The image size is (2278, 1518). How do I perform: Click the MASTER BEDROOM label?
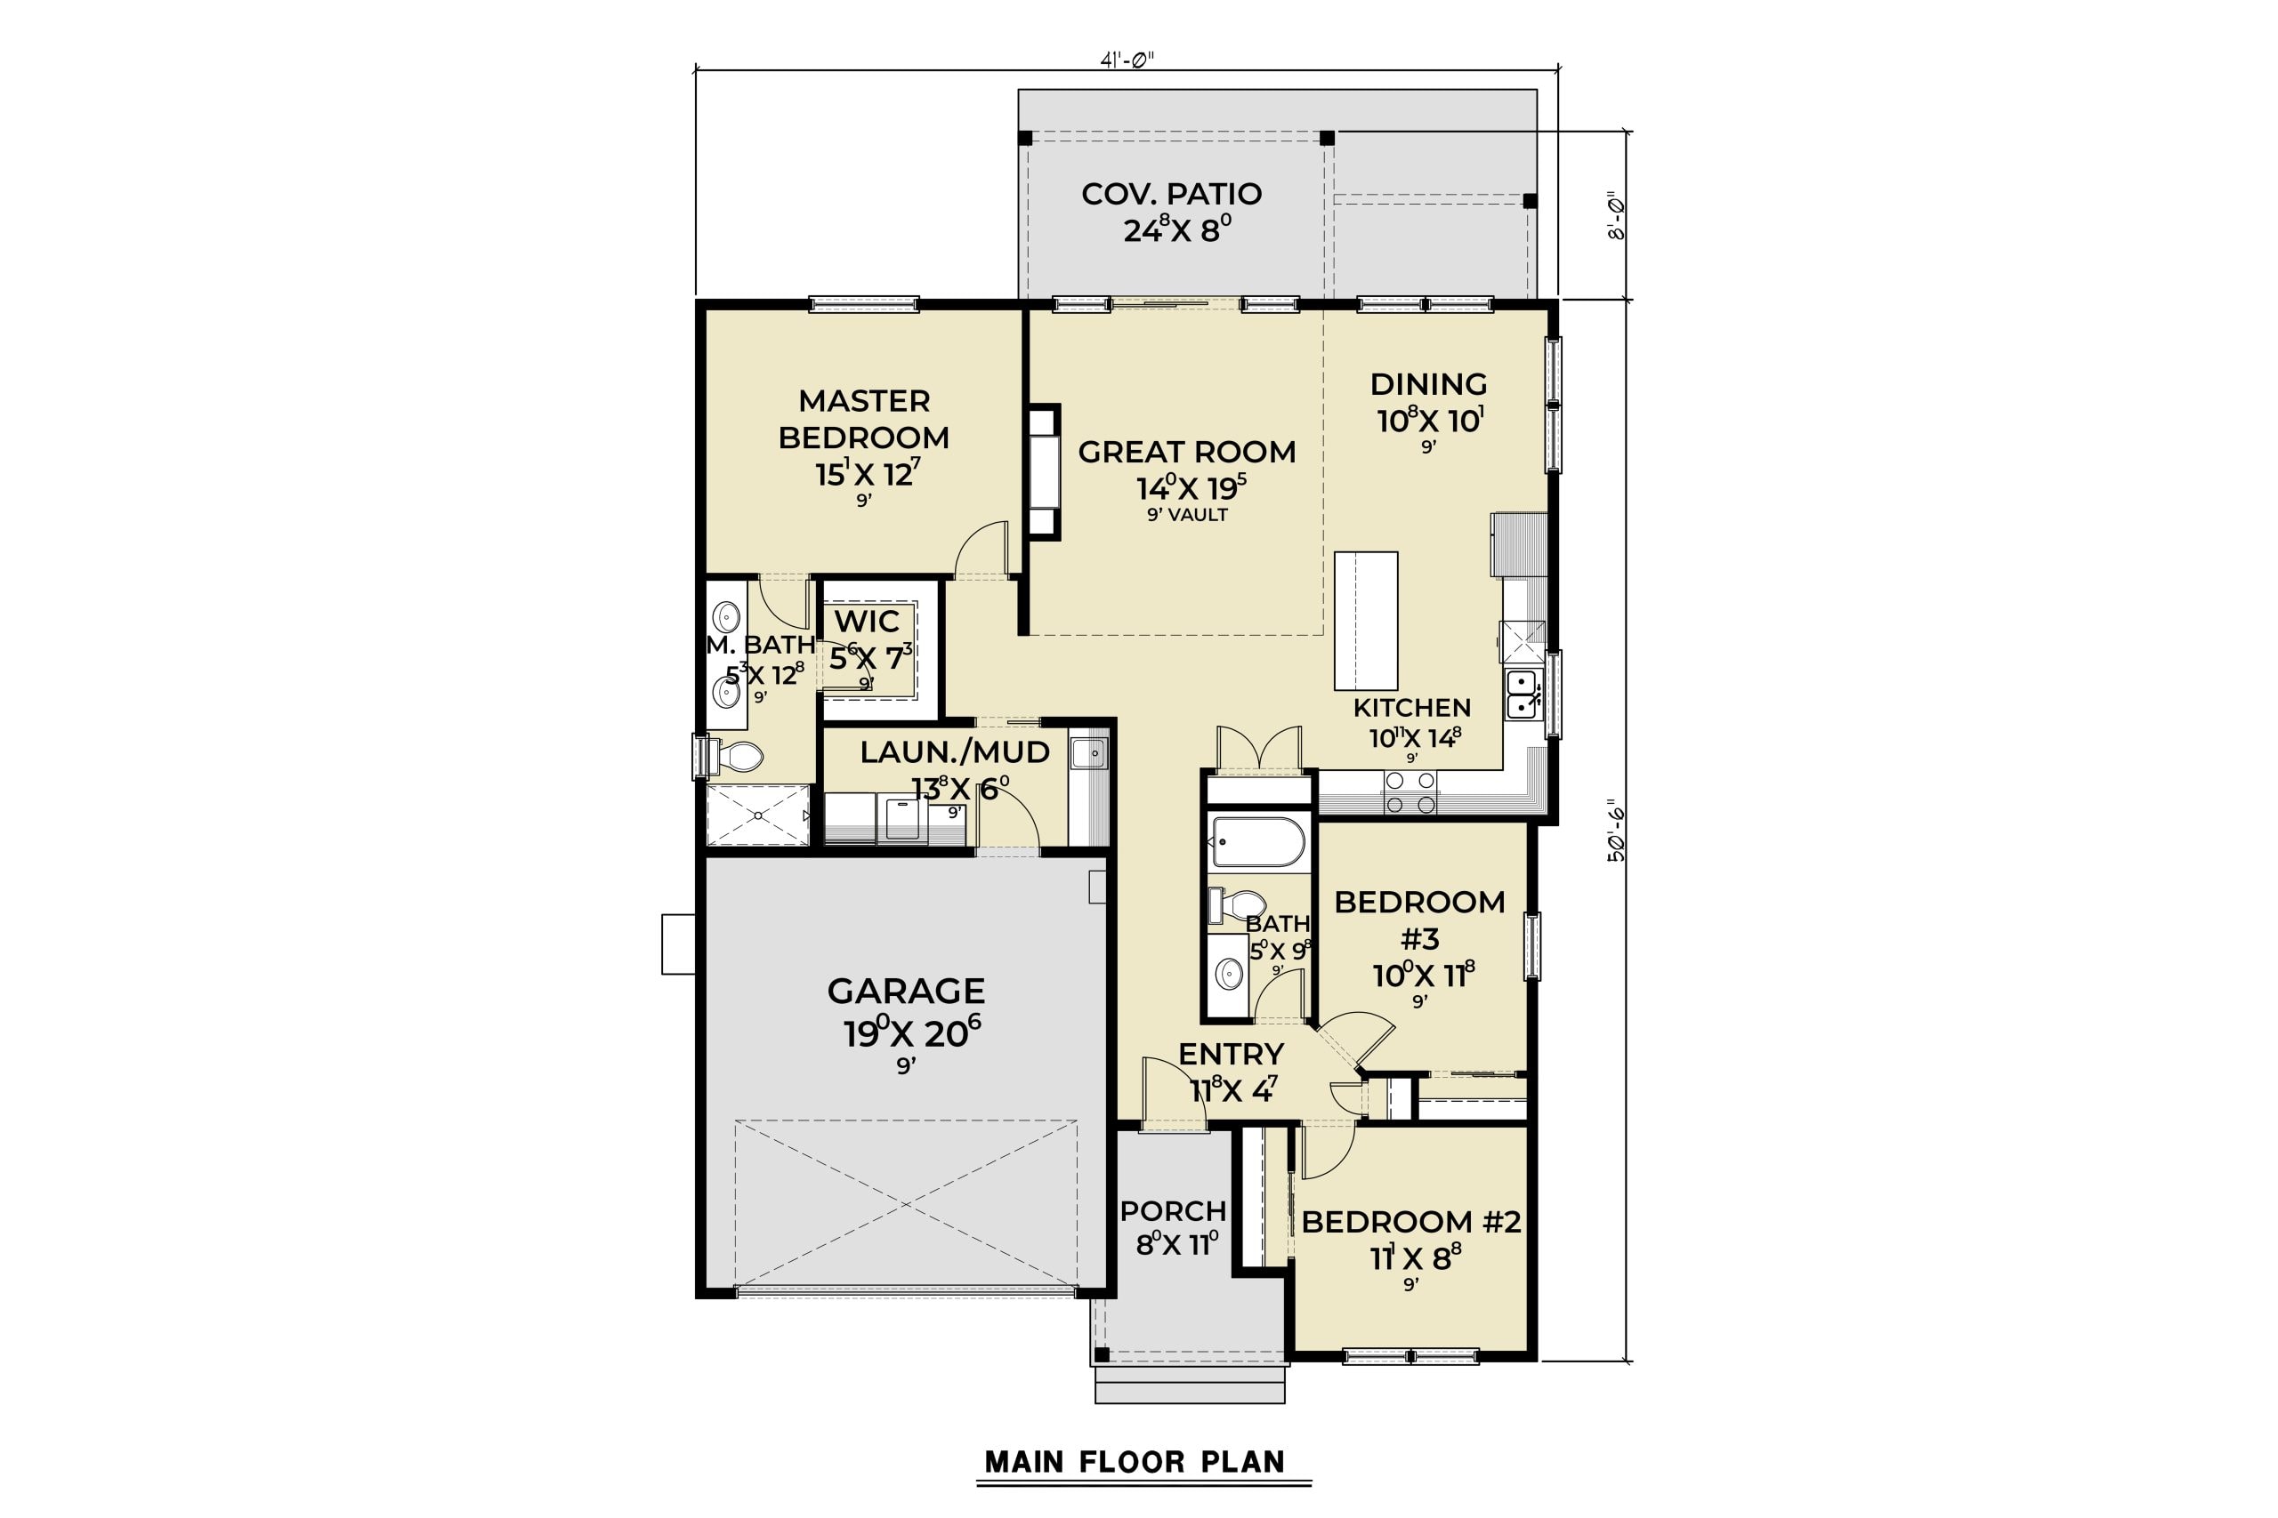click(864, 419)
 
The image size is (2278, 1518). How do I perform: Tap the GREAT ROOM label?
click(1186, 452)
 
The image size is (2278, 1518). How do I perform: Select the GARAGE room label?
click(907, 992)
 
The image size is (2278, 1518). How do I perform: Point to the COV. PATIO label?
click(1172, 194)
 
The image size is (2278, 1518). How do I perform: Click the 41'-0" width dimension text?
click(1127, 60)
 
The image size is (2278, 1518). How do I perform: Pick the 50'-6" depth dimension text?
click(1617, 830)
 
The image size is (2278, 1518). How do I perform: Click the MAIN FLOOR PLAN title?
click(1135, 1461)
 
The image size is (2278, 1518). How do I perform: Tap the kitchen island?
click(1366, 621)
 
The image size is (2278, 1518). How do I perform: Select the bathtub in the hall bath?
click(1258, 842)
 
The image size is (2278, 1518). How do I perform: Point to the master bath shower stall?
click(757, 815)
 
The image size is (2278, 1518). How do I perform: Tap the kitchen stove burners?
click(1410, 792)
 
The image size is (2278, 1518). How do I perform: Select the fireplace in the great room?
click(1044, 471)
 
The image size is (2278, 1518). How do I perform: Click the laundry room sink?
click(1088, 752)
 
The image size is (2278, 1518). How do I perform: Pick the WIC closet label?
click(868, 621)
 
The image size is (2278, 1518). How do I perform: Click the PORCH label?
click(1173, 1211)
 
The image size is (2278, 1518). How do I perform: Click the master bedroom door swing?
click(982, 549)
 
